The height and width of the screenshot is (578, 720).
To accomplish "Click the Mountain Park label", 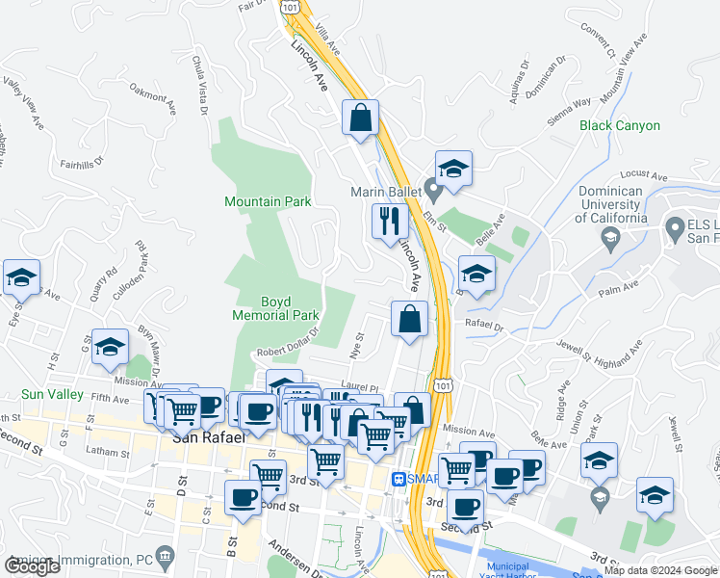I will click(x=268, y=201).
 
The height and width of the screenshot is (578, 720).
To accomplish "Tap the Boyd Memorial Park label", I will click(x=275, y=307).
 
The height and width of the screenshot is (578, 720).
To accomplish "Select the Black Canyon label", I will click(x=620, y=125).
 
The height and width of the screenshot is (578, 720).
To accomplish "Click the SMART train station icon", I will click(x=399, y=479).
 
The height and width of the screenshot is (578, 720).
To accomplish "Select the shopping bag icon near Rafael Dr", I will click(x=409, y=319).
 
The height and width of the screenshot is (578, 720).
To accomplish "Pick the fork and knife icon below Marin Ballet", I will click(x=391, y=221).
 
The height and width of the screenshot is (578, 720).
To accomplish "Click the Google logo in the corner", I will click(x=33, y=566).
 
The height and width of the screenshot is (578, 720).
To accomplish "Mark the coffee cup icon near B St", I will click(x=242, y=498).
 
